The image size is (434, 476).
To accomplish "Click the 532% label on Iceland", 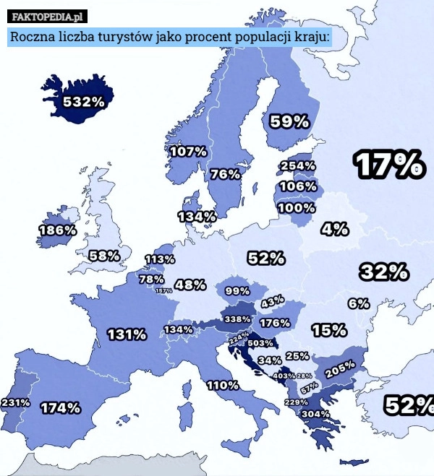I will pyautogui.click(x=82, y=102).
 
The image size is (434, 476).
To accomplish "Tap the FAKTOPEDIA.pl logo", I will pyautogui.click(x=48, y=16).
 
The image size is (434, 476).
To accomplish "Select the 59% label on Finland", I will pyautogui.click(x=289, y=122).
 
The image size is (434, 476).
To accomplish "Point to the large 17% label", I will pyautogui.click(x=388, y=165).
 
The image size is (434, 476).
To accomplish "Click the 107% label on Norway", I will pyautogui.click(x=188, y=152).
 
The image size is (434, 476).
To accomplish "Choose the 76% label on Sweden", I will pyautogui.click(x=225, y=174).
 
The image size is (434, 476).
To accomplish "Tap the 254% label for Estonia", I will pyautogui.click(x=297, y=165).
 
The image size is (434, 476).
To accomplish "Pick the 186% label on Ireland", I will pyautogui.click(x=57, y=230).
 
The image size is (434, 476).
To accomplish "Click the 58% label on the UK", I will pyautogui.click(x=104, y=256).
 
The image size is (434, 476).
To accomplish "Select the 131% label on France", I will pyautogui.click(x=127, y=334).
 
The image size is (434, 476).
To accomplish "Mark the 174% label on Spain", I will pyautogui.click(x=60, y=407).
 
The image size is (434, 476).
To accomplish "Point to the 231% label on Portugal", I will pyautogui.click(x=15, y=402).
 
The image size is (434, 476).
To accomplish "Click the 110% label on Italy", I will pyautogui.click(x=223, y=385).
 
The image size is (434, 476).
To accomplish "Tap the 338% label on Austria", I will pyautogui.click(x=237, y=319).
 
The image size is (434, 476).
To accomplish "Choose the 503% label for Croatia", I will pyautogui.click(x=260, y=342).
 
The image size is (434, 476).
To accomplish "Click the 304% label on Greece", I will pyautogui.click(x=315, y=414).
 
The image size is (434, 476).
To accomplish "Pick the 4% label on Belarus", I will pyautogui.click(x=335, y=229).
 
